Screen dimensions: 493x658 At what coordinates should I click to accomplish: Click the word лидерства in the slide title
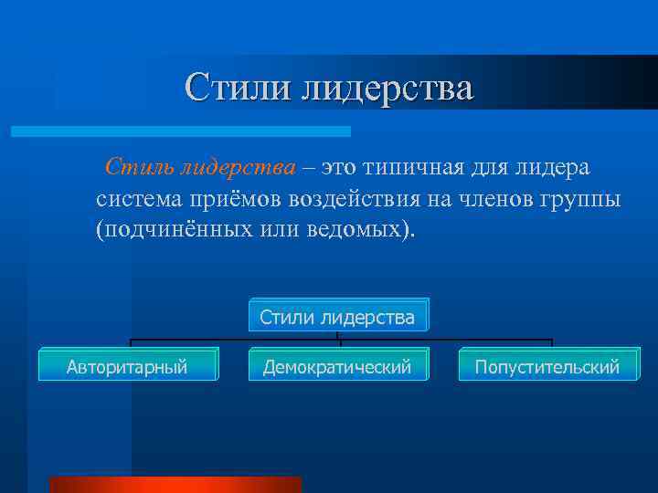388,89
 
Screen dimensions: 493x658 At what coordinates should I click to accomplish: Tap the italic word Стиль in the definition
137,167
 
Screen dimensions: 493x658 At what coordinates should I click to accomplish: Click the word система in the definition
139,198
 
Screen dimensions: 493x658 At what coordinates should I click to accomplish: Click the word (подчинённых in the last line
173,228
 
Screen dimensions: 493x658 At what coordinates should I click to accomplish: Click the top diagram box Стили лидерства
337,317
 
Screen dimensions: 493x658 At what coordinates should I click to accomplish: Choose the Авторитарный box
127,367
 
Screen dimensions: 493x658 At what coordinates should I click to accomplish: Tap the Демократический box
337,367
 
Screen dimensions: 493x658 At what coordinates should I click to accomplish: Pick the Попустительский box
547,367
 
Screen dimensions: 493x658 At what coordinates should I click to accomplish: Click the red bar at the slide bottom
175,485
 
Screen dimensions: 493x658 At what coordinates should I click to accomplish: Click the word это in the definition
337,167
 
